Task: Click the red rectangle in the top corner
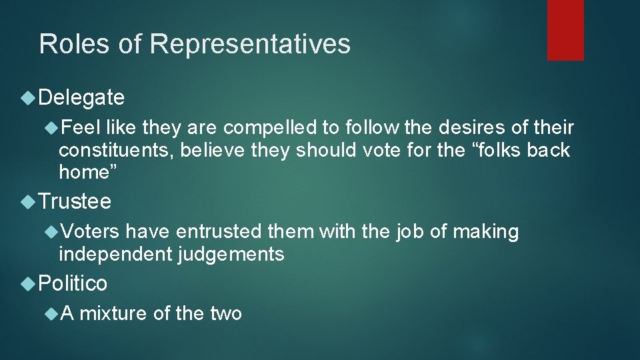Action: [x=565, y=30]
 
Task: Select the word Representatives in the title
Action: [x=250, y=44]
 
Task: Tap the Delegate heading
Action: [x=81, y=98]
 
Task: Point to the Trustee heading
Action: [x=75, y=201]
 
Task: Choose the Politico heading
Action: [x=73, y=283]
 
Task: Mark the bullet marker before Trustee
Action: [x=28, y=201]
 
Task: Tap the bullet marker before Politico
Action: [x=28, y=284]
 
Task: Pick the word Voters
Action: [x=89, y=232]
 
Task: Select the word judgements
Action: [x=231, y=254]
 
